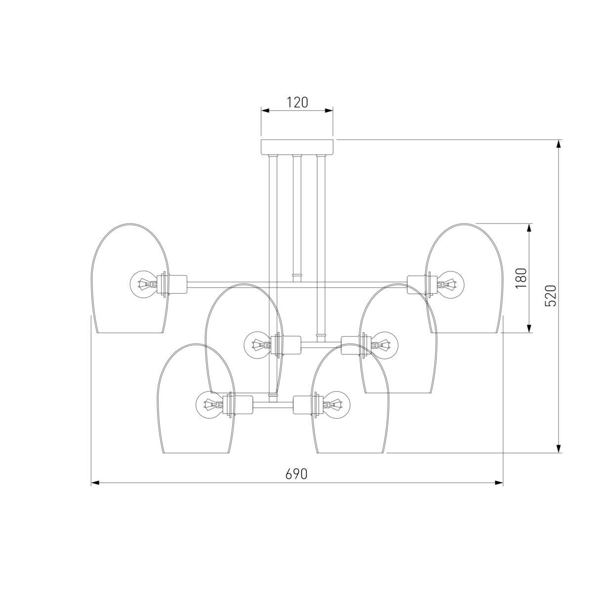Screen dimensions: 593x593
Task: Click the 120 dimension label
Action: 297,102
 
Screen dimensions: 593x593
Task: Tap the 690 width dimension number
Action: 296,474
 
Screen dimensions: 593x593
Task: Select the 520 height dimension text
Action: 551,296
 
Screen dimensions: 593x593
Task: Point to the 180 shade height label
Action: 521,278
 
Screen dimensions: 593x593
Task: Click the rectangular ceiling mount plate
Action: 297,147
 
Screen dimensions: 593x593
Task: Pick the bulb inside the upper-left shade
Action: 144,284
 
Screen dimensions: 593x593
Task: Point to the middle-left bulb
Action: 258,344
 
